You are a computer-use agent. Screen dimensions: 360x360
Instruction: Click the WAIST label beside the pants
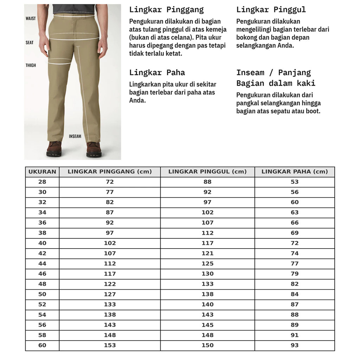click(31, 18)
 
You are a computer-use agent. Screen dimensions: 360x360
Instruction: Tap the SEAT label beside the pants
click(30, 43)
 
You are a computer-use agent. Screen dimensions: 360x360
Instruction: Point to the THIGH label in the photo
click(31, 65)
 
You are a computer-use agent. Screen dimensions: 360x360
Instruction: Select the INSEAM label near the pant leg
click(75, 136)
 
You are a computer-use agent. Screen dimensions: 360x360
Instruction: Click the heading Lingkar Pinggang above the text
click(166, 9)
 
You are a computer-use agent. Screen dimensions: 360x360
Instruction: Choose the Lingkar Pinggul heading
click(271, 9)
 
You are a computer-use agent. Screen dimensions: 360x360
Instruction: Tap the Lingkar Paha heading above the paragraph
click(157, 73)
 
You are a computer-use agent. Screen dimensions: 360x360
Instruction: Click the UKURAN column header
click(42, 172)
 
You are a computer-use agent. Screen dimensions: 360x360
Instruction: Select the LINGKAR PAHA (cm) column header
click(295, 172)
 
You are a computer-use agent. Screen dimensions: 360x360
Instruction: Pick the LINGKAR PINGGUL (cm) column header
click(207, 172)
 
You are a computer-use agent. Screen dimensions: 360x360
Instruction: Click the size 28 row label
click(42, 182)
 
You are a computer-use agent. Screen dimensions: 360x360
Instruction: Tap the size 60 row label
click(42, 346)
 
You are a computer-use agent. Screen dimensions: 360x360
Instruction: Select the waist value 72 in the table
click(110, 182)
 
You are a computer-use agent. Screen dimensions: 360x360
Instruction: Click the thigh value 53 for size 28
click(295, 182)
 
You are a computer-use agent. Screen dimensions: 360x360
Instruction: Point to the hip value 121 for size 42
click(207, 253)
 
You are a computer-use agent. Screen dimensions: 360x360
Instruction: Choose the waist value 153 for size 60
click(110, 346)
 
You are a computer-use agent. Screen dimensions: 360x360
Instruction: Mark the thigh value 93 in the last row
click(295, 346)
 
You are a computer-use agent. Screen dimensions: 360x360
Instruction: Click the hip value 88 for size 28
click(207, 182)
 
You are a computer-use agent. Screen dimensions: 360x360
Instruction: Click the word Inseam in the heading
click(250, 73)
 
